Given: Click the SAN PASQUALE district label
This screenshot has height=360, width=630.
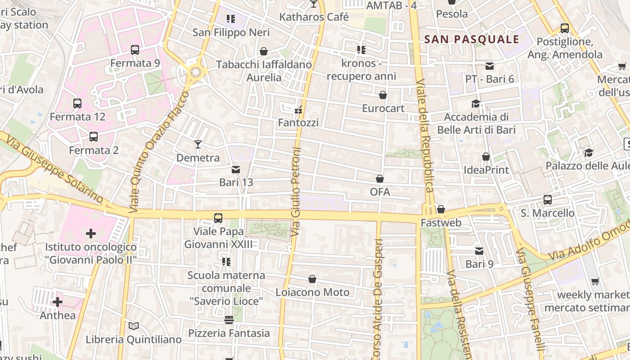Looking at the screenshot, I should pos(472,39).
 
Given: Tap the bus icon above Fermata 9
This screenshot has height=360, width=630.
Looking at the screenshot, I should pos(135,50).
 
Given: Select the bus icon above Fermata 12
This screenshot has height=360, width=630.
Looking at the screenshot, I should pos(77,103).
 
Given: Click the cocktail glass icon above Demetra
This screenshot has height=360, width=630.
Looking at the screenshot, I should pos(198,144).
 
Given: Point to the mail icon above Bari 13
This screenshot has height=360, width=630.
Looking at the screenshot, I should pos(235,170).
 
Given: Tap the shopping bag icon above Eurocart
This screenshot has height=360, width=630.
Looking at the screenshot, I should pos(383,95).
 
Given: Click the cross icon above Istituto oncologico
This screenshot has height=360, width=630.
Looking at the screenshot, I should pos(91,233).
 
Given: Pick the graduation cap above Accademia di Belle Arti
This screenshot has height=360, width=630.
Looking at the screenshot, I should pos(476,104).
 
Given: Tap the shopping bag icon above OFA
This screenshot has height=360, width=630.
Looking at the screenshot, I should pos(380,179).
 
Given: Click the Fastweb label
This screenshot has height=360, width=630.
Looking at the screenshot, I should pos(441,222).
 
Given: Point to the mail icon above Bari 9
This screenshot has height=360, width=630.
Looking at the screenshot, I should pos(479,251).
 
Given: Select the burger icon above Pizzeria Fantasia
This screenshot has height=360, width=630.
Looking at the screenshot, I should pos(229,320).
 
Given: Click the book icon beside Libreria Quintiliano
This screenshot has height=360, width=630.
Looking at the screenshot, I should pos(133,326).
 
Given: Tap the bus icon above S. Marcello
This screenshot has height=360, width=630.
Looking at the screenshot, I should pos(547,199).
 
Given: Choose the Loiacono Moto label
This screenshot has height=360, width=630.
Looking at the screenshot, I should pos(312,292).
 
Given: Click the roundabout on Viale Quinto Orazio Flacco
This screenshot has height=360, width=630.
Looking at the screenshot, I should pos(195,72).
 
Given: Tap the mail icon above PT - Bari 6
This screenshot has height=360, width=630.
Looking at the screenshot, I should pos(490,66).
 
